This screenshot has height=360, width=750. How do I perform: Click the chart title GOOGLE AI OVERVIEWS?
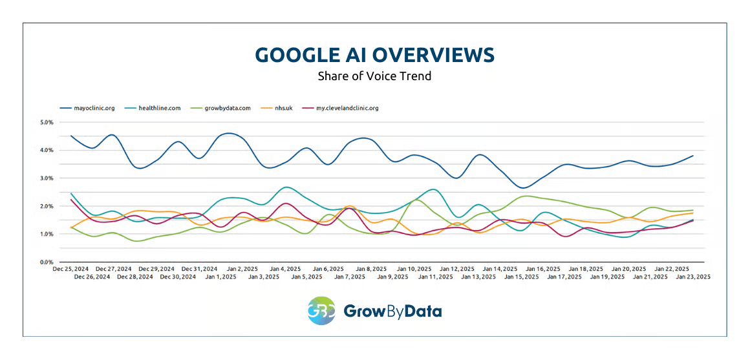[x=374, y=54]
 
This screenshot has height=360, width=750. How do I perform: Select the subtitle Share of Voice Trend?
[x=374, y=76]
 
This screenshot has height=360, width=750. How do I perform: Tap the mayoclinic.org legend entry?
[x=87, y=108]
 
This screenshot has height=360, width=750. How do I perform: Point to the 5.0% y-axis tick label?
[x=47, y=122]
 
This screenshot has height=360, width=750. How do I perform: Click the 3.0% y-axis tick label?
[x=47, y=178]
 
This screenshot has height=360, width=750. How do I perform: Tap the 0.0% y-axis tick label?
[x=47, y=262]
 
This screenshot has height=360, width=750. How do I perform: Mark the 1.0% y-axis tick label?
[x=47, y=234]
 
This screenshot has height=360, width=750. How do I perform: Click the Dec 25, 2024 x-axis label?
[x=70, y=268]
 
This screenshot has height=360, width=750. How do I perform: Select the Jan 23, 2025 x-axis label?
[x=693, y=277]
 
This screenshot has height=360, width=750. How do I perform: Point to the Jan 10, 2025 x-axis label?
[x=414, y=268]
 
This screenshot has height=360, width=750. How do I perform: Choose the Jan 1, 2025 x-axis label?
[x=222, y=277]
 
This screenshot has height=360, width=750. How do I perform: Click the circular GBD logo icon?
[x=321, y=311]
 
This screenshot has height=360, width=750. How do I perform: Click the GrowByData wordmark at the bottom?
[x=392, y=312]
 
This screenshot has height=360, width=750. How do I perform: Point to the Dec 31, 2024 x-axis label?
[x=200, y=268]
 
